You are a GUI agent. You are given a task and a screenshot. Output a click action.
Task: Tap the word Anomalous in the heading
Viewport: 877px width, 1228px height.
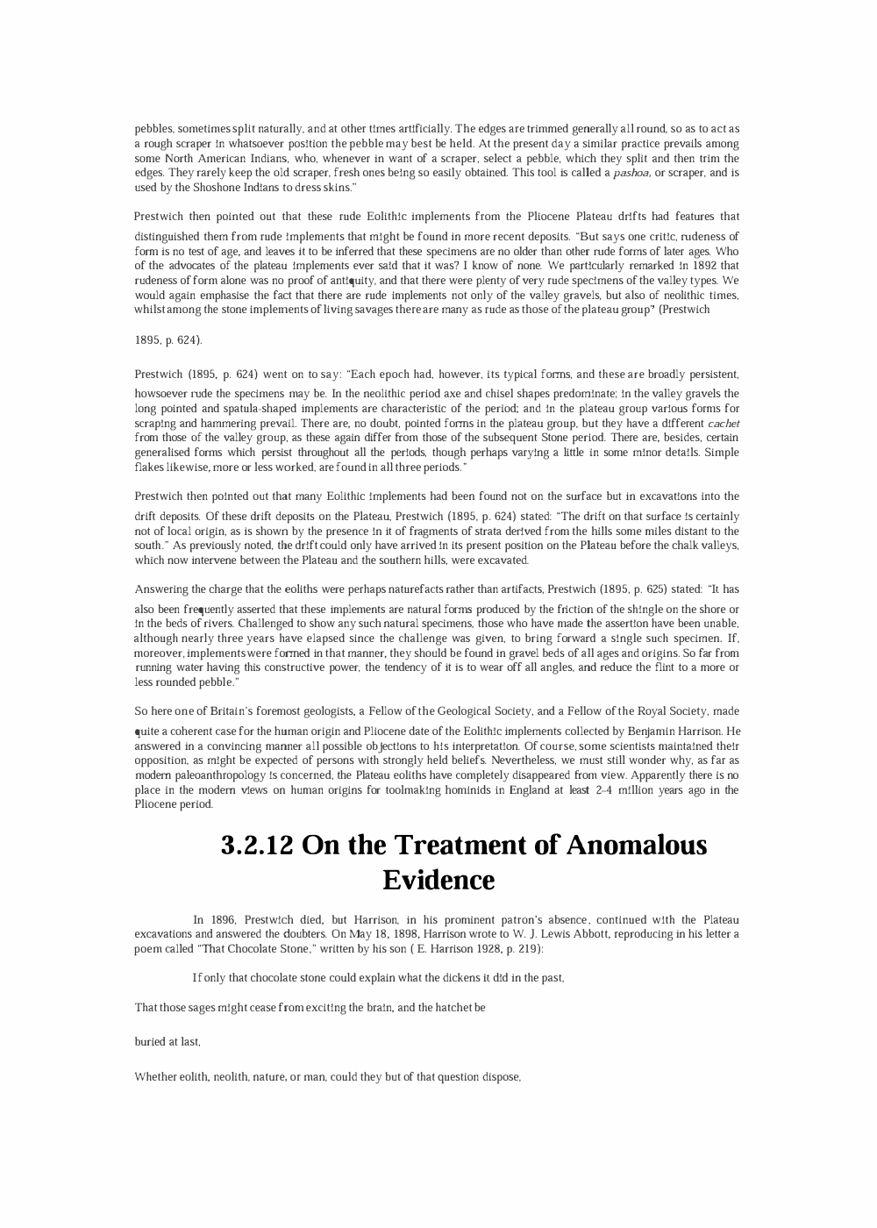[x=637, y=846]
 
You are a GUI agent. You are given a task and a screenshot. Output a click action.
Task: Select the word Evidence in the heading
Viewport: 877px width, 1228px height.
[x=438, y=880]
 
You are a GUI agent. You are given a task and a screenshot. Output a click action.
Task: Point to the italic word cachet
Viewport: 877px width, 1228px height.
[x=724, y=423]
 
